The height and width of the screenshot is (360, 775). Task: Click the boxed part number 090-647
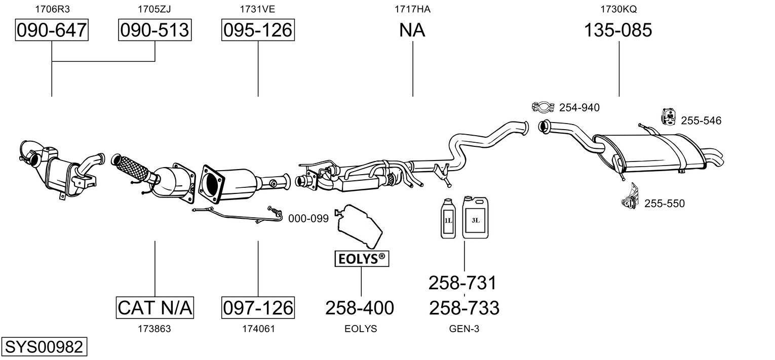[52, 30]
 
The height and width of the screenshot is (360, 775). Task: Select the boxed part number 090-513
[155, 30]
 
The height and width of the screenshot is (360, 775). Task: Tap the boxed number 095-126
[258, 30]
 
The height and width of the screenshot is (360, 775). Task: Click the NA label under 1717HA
[412, 30]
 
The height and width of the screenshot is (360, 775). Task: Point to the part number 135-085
[618, 30]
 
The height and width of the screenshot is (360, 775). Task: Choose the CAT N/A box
[155, 307]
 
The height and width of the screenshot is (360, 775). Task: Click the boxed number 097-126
[258, 307]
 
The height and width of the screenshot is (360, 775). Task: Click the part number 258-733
[464, 307]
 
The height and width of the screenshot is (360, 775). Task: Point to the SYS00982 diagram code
[44, 347]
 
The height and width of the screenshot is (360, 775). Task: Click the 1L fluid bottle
[448, 219]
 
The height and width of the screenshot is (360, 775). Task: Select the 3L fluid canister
[475, 218]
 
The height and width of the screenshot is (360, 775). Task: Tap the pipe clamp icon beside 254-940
[543, 107]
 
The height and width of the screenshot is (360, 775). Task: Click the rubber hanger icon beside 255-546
[669, 117]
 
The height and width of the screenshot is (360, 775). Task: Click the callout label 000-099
[308, 219]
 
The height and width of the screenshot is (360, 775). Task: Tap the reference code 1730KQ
[618, 9]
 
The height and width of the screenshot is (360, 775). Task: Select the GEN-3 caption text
[464, 329]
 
